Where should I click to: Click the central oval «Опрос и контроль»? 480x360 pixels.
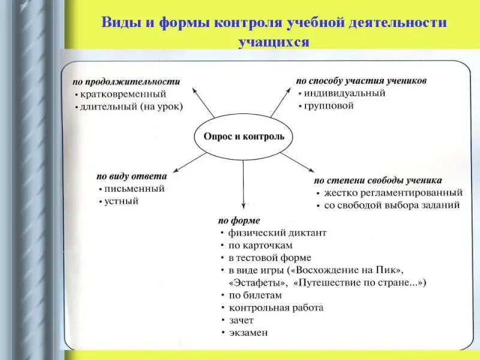(244, 137)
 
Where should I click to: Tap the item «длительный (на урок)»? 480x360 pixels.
(131, 107)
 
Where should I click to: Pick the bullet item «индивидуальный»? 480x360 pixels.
(344, 93)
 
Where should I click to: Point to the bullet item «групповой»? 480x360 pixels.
(329, 106)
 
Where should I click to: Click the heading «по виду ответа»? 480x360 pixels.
(132, 176)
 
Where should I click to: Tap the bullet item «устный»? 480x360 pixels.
(122, 201)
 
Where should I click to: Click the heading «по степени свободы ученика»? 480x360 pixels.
(378, 180)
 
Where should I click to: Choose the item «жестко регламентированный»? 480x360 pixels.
(393, 193)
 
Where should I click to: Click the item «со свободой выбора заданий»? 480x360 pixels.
(392, 205)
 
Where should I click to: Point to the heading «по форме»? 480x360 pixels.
(239, 220)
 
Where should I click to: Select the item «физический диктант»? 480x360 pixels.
(277, 233)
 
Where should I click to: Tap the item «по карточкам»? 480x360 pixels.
(260, 245)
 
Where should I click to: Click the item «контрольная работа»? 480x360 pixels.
(275, 308)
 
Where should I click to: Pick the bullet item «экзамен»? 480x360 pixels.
(248, 332)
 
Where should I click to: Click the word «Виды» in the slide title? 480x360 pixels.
(119, 23)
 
